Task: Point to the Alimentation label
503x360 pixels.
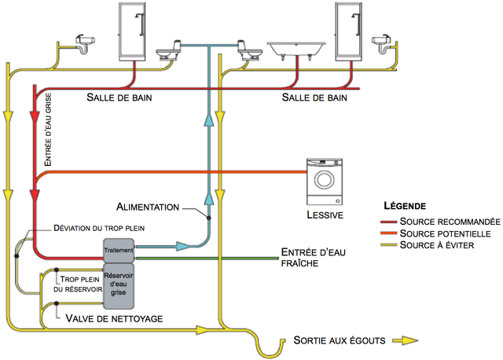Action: (x=147, y=207)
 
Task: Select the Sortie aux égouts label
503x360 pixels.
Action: (x=338, y=340)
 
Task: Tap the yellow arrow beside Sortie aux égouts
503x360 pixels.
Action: (x=406, y=340)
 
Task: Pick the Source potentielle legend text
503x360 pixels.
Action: (x=445, y=233)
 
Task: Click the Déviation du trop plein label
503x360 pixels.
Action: (x=109, y=228)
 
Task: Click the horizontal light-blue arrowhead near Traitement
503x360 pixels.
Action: (x=182, y=247)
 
